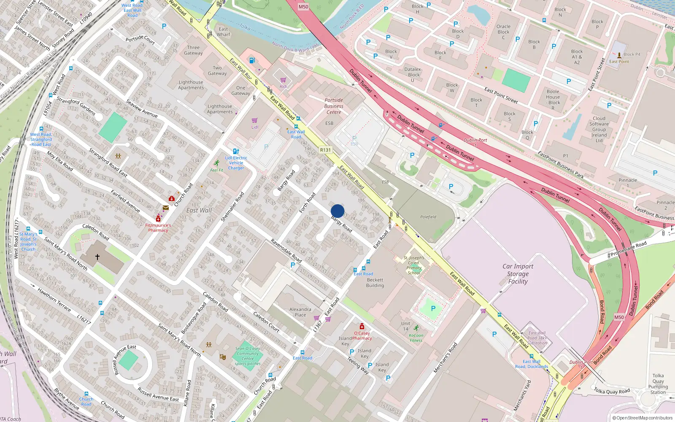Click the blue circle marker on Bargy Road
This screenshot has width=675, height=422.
click(x=337, y=211)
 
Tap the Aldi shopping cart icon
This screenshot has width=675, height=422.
click(x=283, y=80)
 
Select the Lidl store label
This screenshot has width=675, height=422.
click(x=255, y=127)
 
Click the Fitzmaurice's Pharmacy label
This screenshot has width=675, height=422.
click(x=158, y=228)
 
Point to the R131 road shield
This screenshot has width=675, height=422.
click(x=325, y=150)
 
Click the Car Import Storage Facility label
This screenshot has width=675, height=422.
click(x=518, y=274)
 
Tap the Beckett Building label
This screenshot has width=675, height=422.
click(x=375, y=283)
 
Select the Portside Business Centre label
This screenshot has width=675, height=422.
click(x=334, y=106)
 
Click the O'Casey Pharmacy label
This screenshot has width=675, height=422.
click(x=362, y=335)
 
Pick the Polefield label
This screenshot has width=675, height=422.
click(x=428, y=217)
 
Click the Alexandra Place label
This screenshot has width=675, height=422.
click(x=300, y=312)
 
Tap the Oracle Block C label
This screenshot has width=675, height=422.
click(x=503, y=32)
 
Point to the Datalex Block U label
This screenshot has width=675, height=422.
click(x=413, y=74)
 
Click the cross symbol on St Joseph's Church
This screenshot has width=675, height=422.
click(x=97, y=256)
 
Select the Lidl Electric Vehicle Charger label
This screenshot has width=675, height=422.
click(x=236, y=163)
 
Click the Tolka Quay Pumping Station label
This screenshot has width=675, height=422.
click(x=658, y=384)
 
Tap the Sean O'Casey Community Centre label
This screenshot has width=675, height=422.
click(x=248, y=356)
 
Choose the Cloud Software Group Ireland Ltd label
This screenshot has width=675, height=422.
click(x=599, y=130)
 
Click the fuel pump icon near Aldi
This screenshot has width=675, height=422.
click(x=252, y=60)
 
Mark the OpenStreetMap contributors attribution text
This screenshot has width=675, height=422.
click(x=643, y=418)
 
